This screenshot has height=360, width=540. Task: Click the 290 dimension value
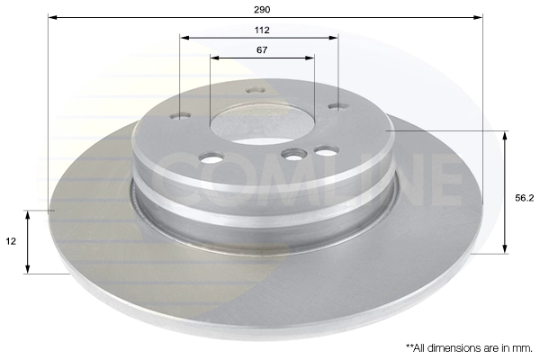coord(262,10)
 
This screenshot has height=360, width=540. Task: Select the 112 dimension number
coord(262,31)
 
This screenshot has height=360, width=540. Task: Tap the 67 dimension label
coord(262,50)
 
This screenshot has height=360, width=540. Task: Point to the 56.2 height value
coord(524,198)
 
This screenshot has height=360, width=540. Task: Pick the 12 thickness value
coord(11,241)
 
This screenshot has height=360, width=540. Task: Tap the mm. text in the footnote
coord(522,348)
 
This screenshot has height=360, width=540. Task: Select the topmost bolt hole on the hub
coord(256,91)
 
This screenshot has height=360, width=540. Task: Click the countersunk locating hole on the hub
coord(293,154)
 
